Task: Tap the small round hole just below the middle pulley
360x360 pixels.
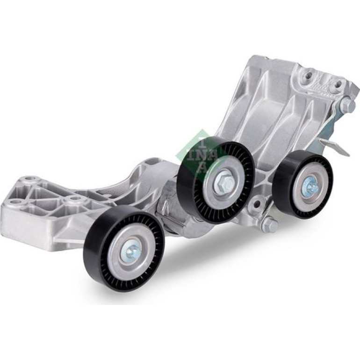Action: pos(257,203)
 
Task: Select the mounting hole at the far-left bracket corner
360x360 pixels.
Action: pos(13,202)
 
